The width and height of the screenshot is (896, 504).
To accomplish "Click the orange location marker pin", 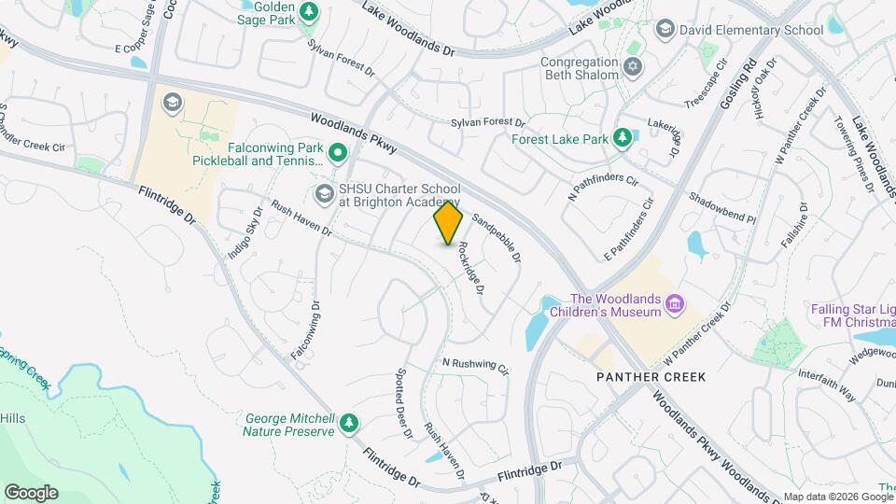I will pyautogui.click(x=449, y=223).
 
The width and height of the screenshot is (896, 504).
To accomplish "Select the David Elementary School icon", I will pyautogui.click(x=665, y=30).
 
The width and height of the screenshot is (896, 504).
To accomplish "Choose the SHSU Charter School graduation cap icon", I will pyautogui.click(x=325, y=194).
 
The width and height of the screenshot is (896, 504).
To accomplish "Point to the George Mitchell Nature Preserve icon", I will pyautogui.click(x=349, y=424).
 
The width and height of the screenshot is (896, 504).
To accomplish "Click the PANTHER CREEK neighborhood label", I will pyautogui.click(x=651, y=377).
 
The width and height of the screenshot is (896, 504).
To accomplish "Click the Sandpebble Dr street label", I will pyautogui.click(x=496, y=237).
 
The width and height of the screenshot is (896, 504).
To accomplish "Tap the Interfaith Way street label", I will pyautogui.click(x=827, y=384).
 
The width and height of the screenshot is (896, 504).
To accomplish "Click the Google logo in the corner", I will pyautogui.click(x=31, y=492).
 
